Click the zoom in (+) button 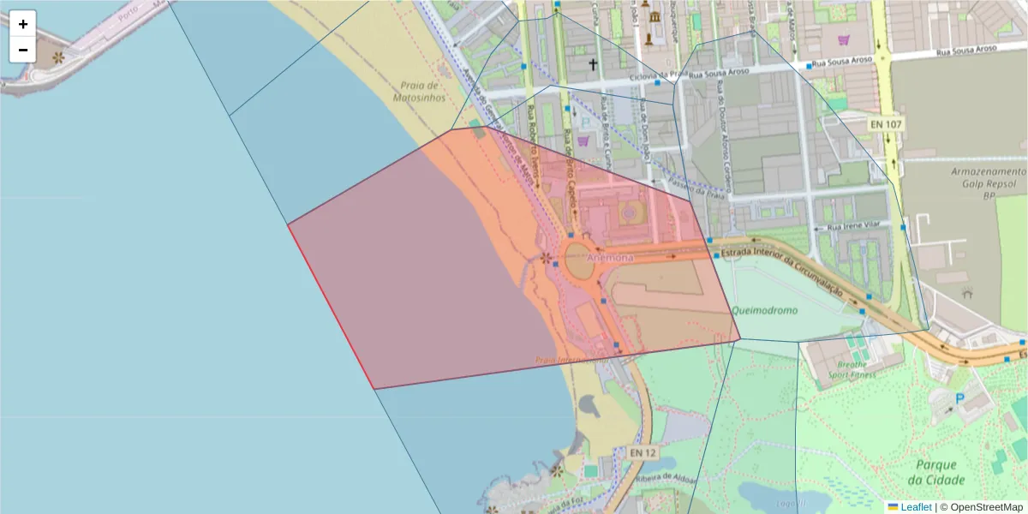click(x=23, y=24)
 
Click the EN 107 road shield click(x=886, y=124)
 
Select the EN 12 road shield click(x=642, y=451)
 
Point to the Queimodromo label click(x=765, y=311)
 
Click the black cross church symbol click(x=592, y=64)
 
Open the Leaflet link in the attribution click(x=915, y=507)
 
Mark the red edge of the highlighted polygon click(x=331, y=306)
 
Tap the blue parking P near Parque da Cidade click(x=960, y=397)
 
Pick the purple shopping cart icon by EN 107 click(x=844, y=39)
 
